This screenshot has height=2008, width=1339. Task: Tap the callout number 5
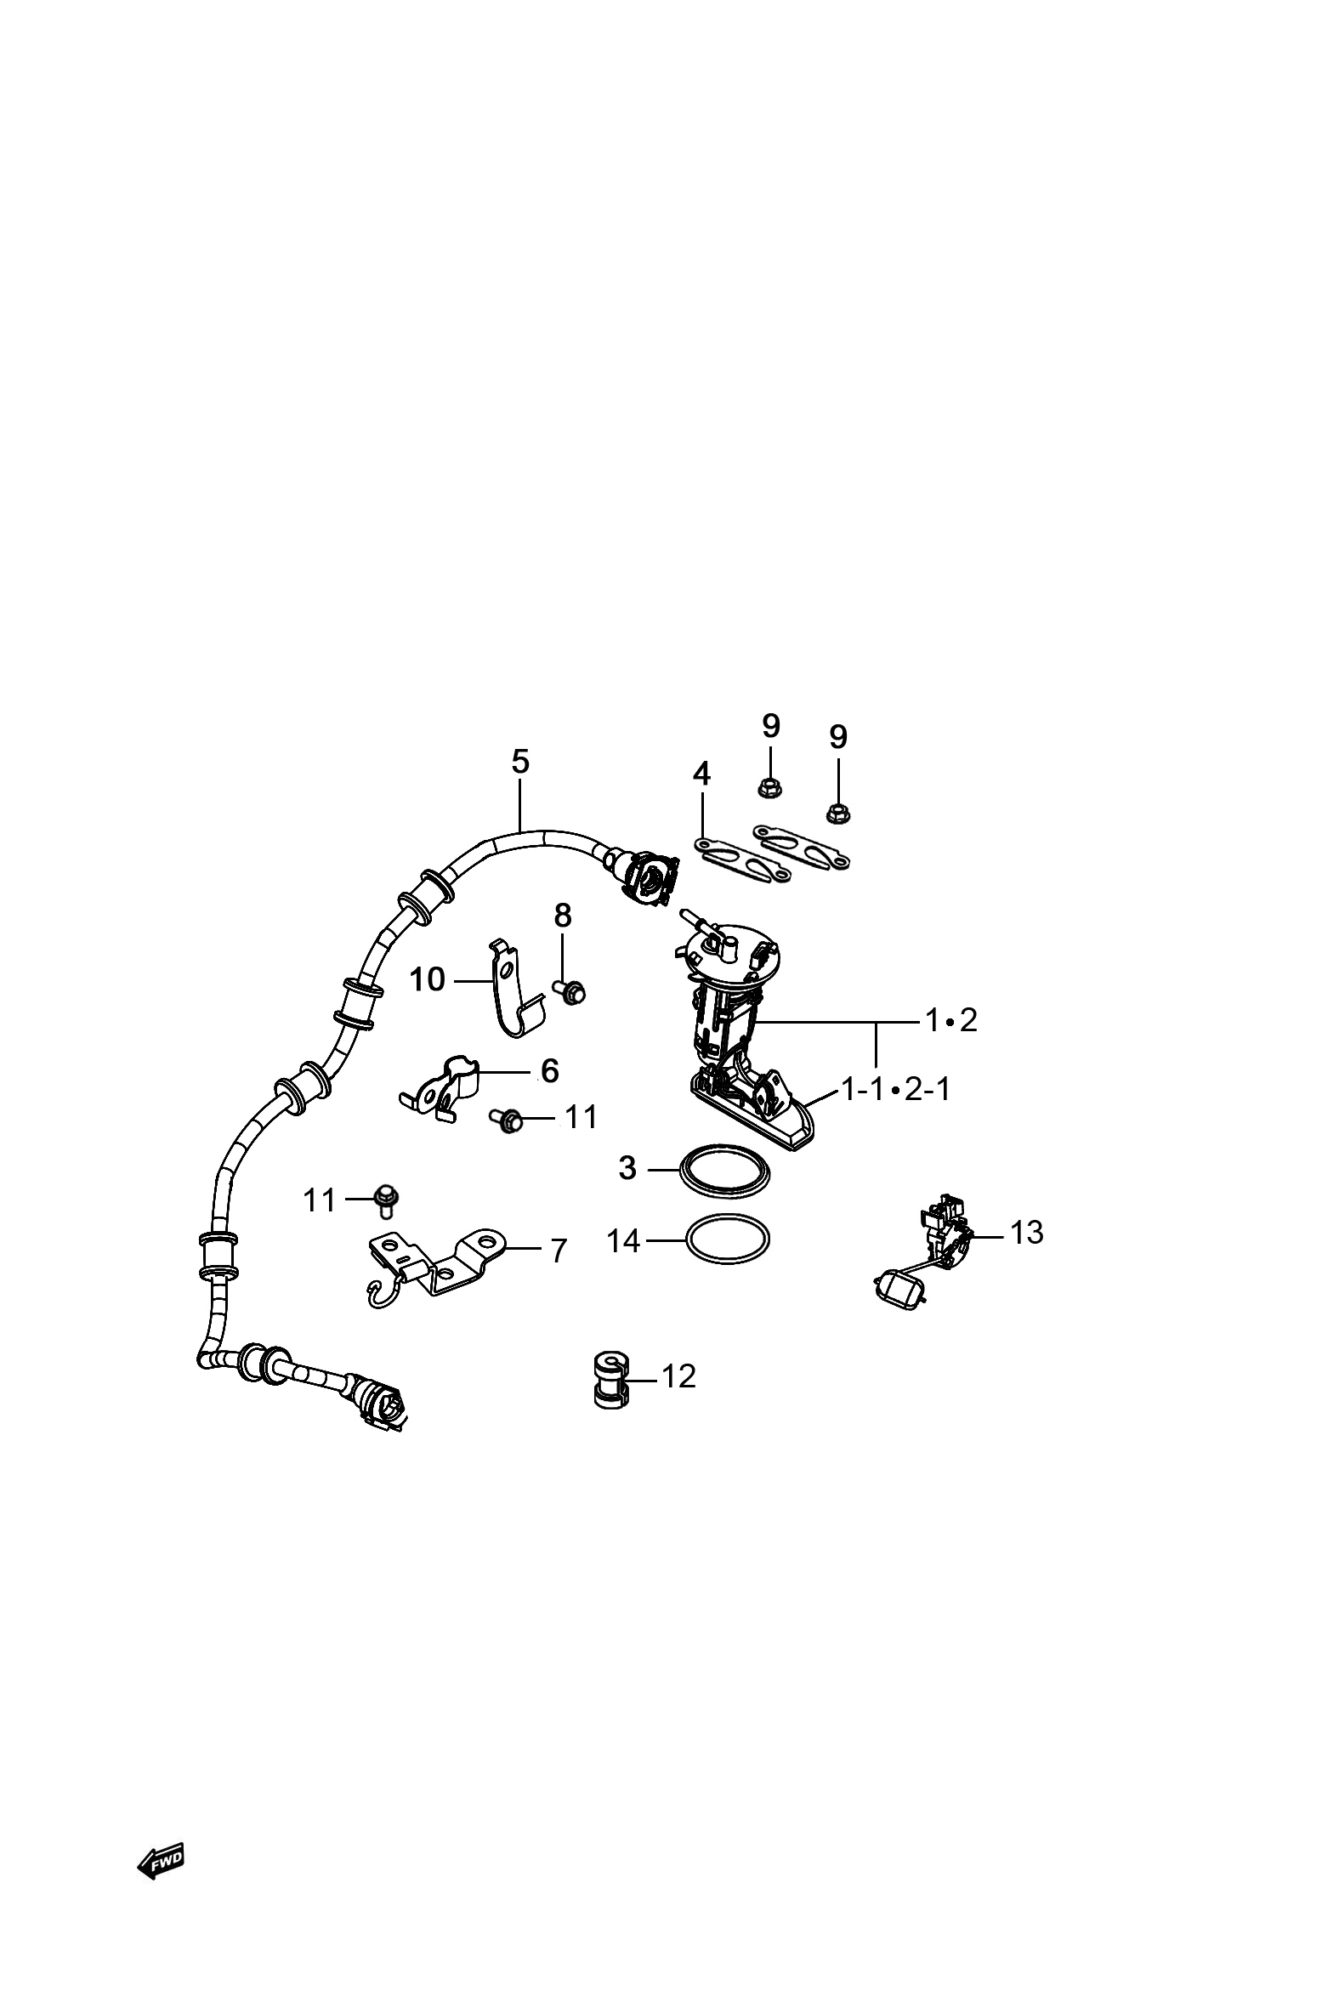[520, 762]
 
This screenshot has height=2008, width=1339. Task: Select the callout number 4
[701, 774]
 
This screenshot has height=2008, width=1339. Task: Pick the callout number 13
[1026, 1232]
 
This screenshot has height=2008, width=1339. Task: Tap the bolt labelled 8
[570, 991]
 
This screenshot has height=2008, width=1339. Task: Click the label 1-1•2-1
[896, 1089]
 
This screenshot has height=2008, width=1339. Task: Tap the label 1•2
[951, 1019]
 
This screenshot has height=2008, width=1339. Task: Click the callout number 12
[679, 1376]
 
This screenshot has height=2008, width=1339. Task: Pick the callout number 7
[559, 1251]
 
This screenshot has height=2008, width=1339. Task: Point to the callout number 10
[427, 979]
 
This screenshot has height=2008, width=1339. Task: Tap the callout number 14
[623, 1240]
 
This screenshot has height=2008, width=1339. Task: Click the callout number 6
[550, 1070]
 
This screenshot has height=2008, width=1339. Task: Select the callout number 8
[562, 916]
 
